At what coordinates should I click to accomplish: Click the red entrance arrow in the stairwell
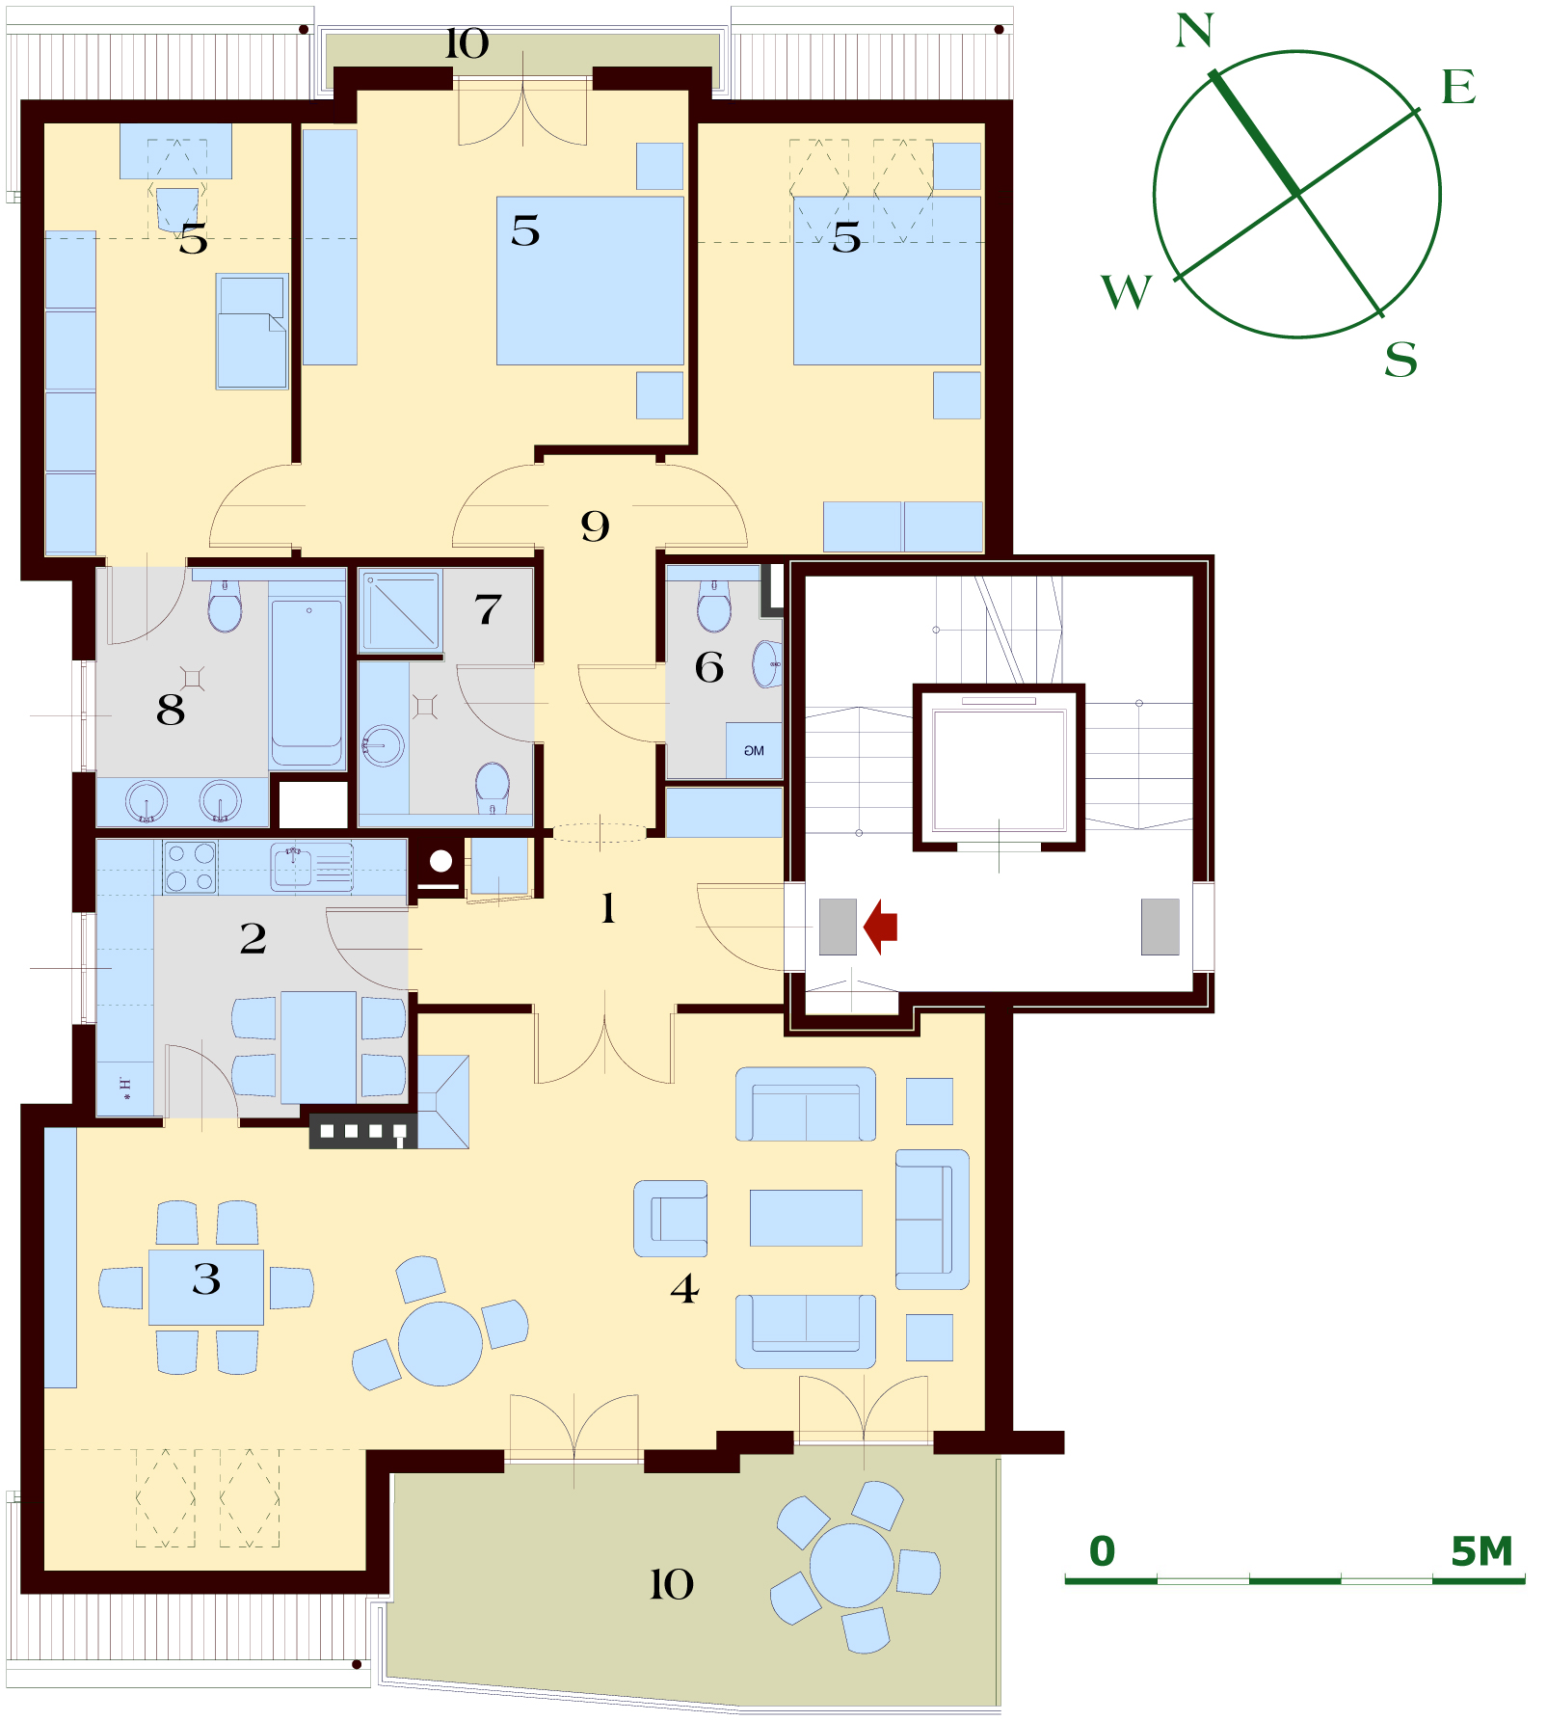880,927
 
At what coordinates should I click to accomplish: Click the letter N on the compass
1194,31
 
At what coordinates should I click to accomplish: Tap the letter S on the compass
1400,361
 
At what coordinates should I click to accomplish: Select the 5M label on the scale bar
1481,1551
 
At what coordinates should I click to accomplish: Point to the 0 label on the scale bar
1102,1551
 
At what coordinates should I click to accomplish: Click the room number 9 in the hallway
595,526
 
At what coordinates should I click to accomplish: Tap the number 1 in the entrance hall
608,908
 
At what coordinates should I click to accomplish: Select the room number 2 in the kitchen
253,938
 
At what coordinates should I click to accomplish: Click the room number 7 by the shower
488,609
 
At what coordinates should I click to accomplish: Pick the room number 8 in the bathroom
170,710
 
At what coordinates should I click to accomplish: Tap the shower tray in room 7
400,610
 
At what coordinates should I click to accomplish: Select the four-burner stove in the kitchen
190,867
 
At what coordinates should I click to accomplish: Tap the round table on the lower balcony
852,1566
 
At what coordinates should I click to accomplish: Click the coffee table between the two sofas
806,1218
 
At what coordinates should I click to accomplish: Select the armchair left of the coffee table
671,1219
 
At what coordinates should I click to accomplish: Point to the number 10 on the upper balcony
467,43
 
